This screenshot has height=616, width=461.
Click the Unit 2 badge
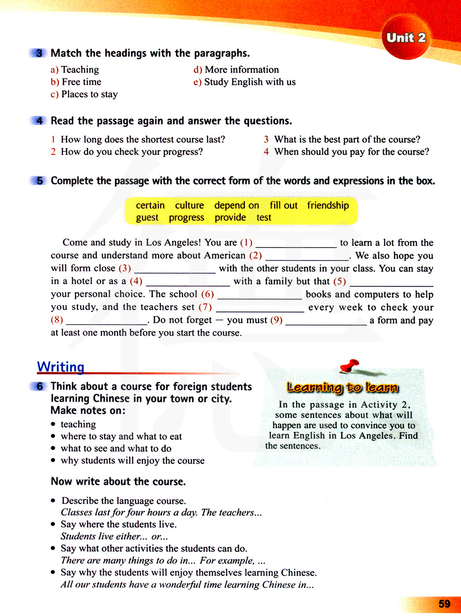[406, 38]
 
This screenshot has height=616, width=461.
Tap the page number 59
[444, 604]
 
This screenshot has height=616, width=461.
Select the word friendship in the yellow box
[328, 205]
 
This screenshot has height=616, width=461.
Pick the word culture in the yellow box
[189, 205]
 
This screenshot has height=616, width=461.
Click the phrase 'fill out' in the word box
[284, 205]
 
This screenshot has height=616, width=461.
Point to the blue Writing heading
[60, 367]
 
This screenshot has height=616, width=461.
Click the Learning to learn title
[342, 387]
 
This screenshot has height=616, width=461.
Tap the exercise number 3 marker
[39, 53]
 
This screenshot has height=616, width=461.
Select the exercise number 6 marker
[39, 386]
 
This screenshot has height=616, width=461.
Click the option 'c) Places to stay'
[84, 94]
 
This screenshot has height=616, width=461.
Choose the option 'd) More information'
[236, 70]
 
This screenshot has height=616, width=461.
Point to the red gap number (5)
[339, 281]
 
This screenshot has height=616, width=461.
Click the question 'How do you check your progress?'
[131, 152]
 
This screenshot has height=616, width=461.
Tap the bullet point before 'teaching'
[53, 424]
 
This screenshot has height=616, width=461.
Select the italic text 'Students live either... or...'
[114, 536]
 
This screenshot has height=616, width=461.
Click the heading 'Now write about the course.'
[118, 481]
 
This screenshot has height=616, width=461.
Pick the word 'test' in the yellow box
[264, 218]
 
